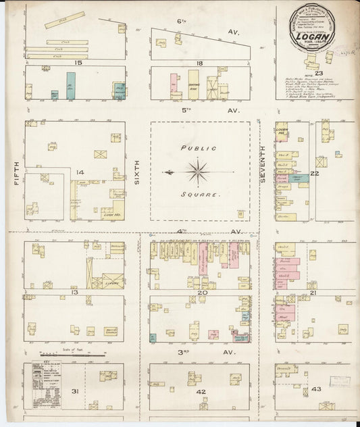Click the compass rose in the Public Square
(198, 172)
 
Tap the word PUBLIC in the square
(198, 148)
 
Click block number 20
(202, 293)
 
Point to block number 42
(201, 391)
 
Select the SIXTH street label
(137, 178)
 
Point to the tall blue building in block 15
(70, 85)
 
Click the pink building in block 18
(174, 85)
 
